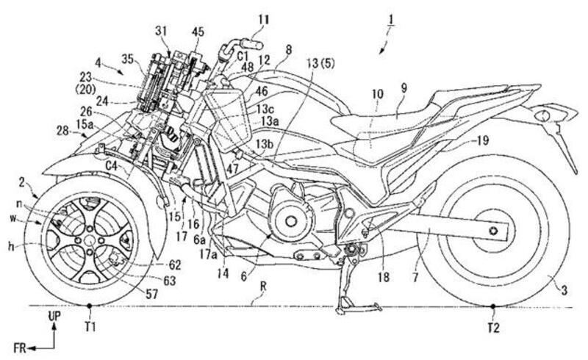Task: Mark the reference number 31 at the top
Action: (x=162, y=31)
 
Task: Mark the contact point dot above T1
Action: (x=90, y=305)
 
